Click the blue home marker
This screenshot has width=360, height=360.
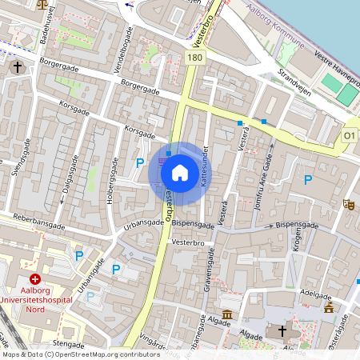pos(180,172)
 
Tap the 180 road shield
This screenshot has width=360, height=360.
pos(194,58)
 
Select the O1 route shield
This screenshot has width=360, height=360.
pos(349,137)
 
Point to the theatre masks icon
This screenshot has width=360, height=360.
pos(348,205)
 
